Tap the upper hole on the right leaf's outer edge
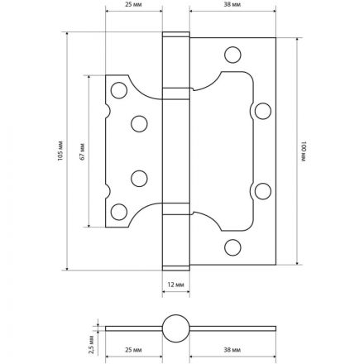click(x=263, y=110)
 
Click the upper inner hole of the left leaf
click(x=138, y=122)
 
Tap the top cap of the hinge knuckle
click(x=174, y=39)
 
